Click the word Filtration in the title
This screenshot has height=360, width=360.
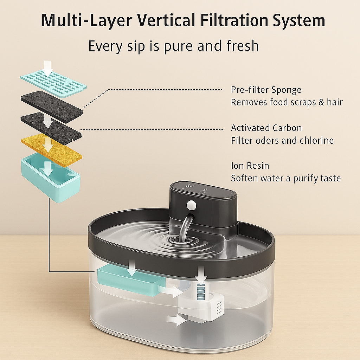(234, 20)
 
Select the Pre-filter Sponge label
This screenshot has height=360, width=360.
(266, 90)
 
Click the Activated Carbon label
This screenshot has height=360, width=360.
(266, 128)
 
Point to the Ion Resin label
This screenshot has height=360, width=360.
(250, 166)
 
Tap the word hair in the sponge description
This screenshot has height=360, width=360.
(335, 102)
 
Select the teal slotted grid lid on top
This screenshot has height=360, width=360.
(53, 83)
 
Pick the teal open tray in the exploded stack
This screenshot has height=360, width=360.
(51, 178)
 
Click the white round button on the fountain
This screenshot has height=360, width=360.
(191, 205)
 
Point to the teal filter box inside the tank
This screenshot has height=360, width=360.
(131, 280)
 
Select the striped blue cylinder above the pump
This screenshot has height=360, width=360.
(201, 291)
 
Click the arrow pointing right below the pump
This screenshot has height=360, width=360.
(176, 320)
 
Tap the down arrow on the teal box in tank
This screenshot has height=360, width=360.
(132, 268)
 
